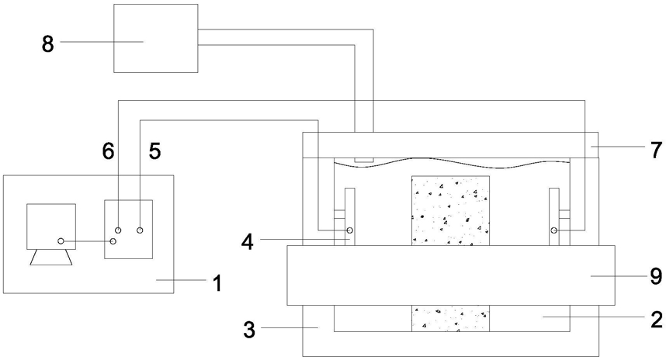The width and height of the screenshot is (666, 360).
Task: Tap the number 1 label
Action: (217, 284)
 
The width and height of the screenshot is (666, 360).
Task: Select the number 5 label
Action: (154, 152)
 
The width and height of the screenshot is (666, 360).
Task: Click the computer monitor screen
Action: (51, 226)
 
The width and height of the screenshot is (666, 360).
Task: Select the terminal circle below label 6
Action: (118, 230)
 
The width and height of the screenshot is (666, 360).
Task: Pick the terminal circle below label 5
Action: (140, 230)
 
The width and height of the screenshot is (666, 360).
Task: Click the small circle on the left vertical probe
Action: (349, 230)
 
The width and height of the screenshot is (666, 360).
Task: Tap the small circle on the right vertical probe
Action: (554, 230)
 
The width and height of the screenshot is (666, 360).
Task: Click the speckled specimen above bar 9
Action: (450, 210)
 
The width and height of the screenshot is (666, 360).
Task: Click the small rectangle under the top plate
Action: (362, 160)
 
